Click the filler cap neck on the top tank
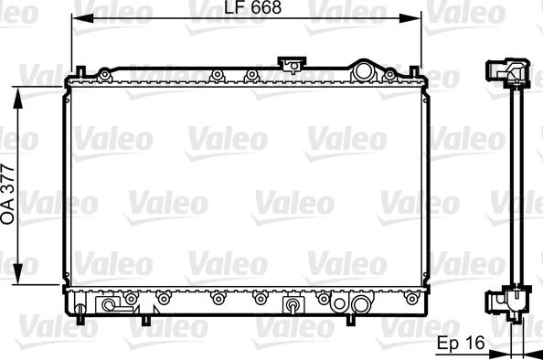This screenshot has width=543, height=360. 293,65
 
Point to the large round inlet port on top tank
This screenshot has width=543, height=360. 366,70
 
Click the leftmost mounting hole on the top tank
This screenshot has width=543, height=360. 106,72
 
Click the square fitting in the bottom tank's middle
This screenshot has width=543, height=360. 293,304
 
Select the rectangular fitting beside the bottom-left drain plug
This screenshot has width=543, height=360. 110,305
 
